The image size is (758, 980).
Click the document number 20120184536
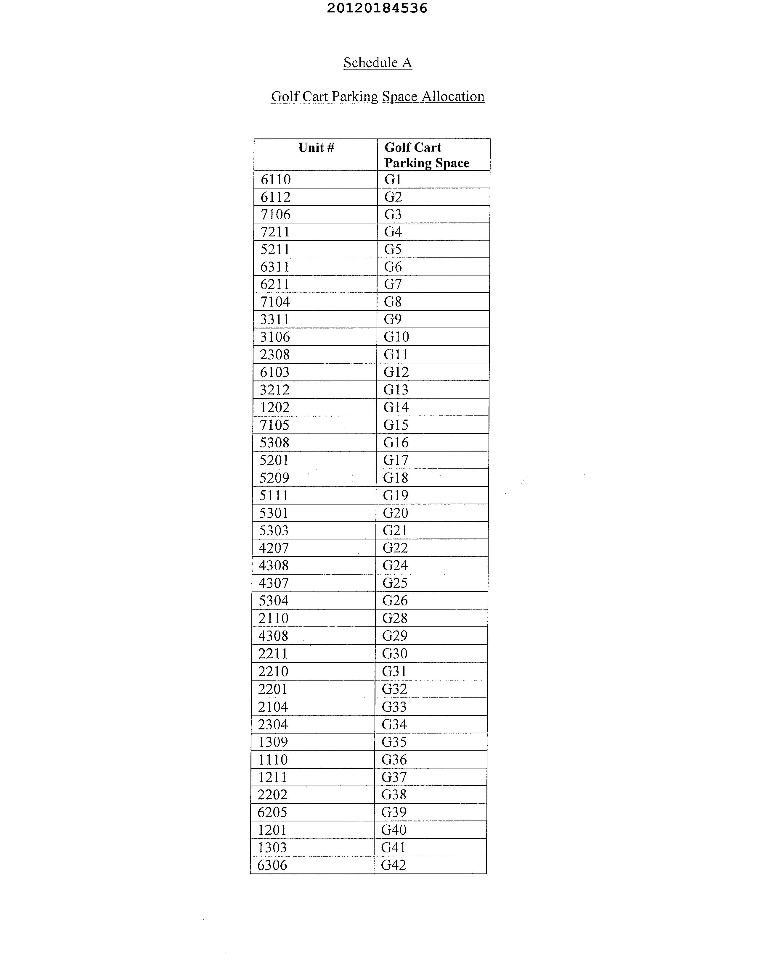point(377,8)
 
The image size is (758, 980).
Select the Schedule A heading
point(378,62)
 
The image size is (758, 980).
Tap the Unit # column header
point(316,148)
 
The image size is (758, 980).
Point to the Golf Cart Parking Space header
point(427,155)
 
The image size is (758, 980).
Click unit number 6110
point(276,180)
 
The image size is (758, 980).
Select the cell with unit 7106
point(276,215)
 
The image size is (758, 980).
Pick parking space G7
point(393,284)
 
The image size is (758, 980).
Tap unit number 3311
point(275,320)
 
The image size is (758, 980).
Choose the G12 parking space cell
point(396,372)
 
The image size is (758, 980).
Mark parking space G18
point(396,478)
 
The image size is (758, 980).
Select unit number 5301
point(274,513)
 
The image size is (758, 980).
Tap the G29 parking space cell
point(395,636)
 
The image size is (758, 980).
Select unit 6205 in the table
point(272,812)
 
